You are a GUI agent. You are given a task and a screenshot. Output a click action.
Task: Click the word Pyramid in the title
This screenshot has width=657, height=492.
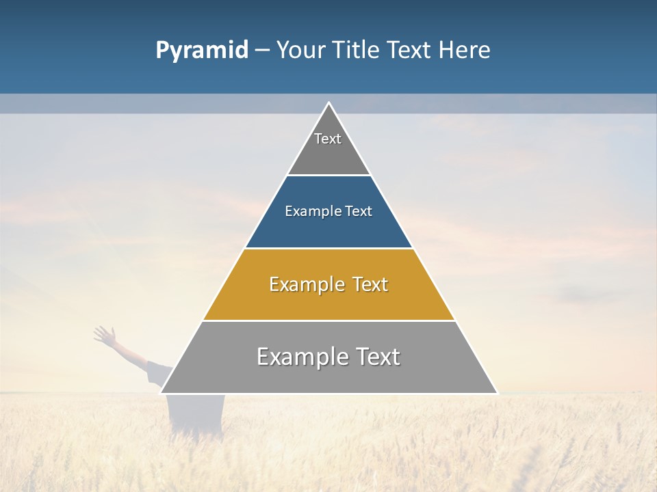[201, 51]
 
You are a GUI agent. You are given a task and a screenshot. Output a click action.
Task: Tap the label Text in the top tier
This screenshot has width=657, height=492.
[328, 139]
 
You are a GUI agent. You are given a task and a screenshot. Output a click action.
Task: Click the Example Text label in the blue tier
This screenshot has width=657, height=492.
[328, 211]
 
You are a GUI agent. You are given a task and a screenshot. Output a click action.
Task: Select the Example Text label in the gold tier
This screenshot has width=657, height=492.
[328, 284]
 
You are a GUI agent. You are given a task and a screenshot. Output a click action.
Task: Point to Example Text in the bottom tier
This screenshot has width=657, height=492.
[328, 357]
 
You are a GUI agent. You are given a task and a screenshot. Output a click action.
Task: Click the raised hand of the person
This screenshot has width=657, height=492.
[103, 334]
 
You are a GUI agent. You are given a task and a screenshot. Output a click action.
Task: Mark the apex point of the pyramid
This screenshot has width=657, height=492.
[328, 103]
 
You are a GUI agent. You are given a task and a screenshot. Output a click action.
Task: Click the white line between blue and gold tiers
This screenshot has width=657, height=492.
[328, 248]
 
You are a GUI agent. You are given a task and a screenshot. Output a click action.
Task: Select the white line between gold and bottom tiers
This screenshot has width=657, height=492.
[328, 320]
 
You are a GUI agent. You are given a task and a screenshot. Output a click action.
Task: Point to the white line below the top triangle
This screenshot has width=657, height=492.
[328, 176]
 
